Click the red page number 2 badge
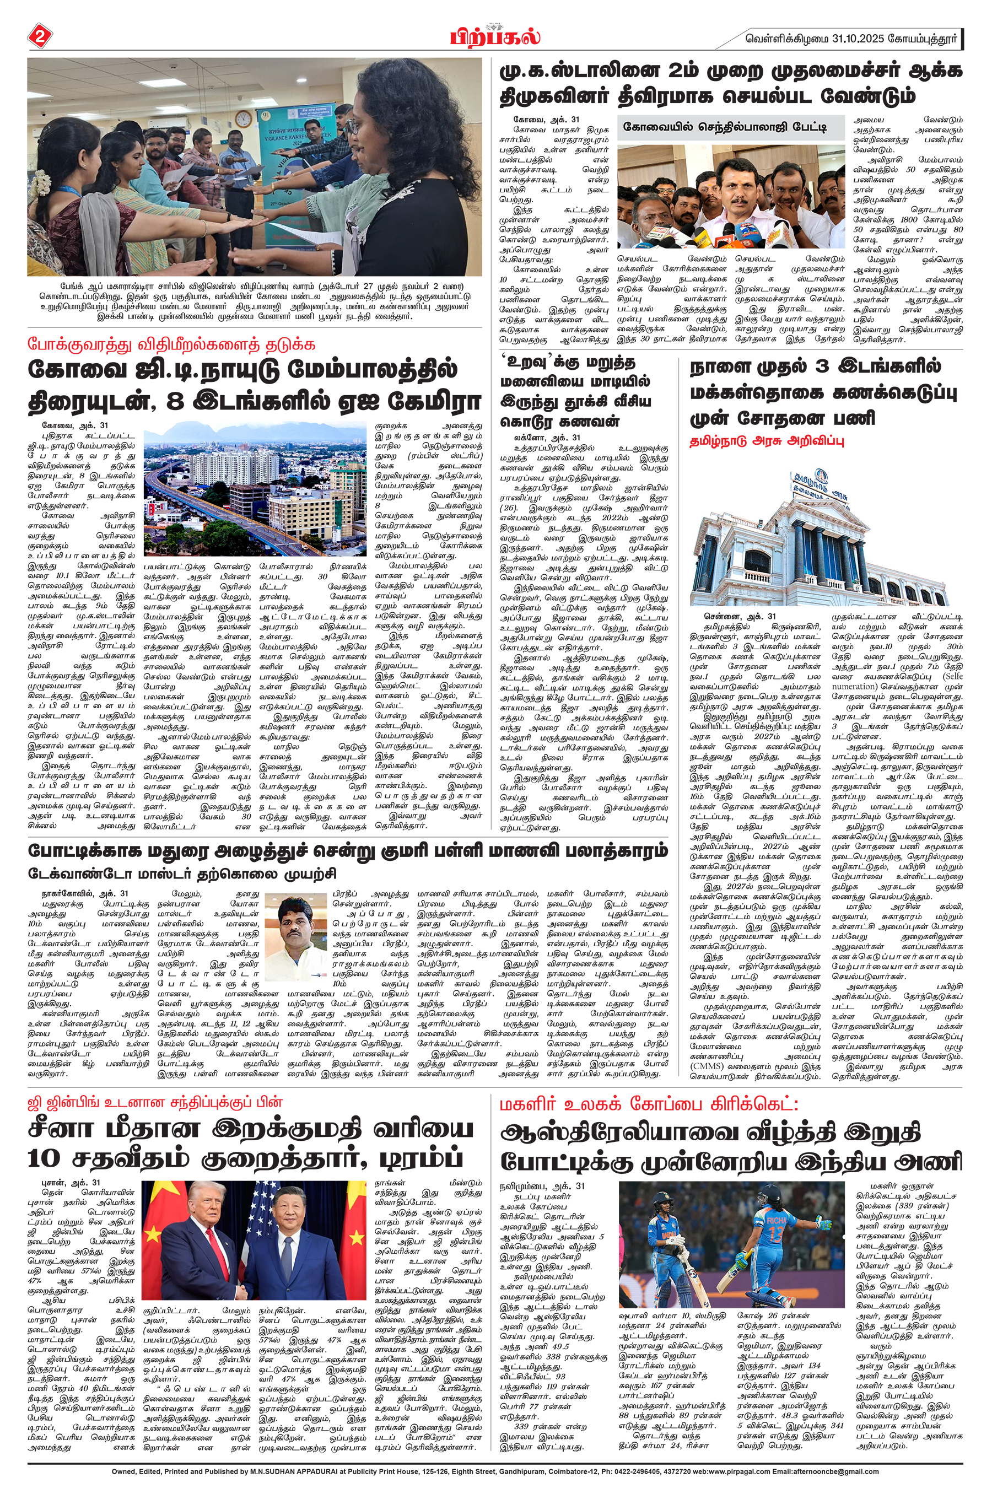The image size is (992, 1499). coord(39,37)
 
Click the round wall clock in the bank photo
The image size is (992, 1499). coord(243,118)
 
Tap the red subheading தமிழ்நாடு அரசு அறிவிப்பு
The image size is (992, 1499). coord(767,441)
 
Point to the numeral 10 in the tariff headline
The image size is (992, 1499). coord(45,1158)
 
